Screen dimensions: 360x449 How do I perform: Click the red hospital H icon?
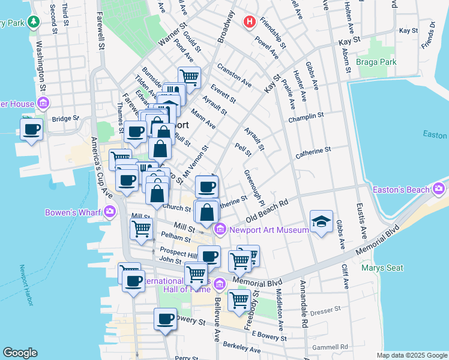coord(249,22)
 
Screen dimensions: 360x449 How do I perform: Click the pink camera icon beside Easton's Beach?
coord(439,190)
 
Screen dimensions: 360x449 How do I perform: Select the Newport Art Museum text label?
coord(259,228)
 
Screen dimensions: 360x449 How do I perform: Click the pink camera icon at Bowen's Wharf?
coord(110,211)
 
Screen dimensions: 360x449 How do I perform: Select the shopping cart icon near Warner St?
coord(189,77)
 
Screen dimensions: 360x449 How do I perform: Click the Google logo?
coord(20,353)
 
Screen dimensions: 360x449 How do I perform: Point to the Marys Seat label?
coord(383,268)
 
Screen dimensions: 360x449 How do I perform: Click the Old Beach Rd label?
coord(267,209)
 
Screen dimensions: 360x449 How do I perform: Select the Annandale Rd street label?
coord(304,310)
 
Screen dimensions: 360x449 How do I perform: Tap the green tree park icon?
coord(34,23)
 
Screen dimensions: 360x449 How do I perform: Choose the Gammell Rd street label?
coord(330,347)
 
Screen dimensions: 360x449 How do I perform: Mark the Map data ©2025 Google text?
coord(411,355)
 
